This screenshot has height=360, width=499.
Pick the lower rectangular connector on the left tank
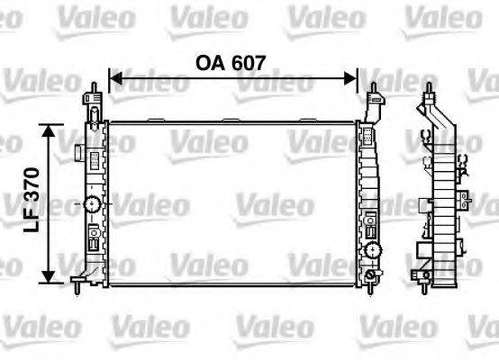pyautogui.click(x=92, y=240)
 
